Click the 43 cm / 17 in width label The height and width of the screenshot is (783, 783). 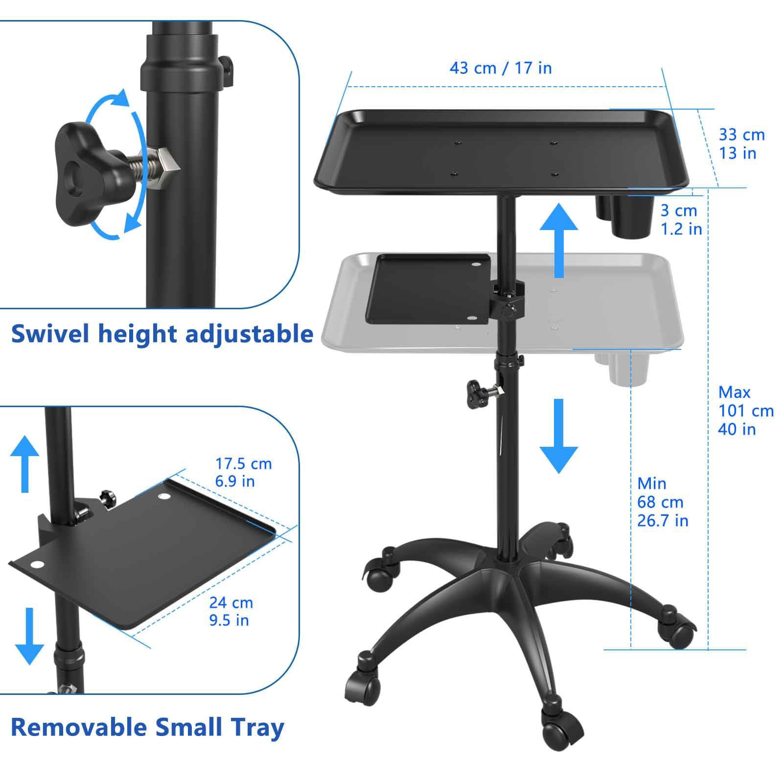pyautogui.click(x=500, y=68)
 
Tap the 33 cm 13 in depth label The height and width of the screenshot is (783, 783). pyautogui.click(x=741, y=144)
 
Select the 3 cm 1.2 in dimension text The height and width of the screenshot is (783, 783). pyautogui.click(x=681, y=220)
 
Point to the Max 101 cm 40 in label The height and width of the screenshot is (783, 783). pyautogui.click(x=745, y=411)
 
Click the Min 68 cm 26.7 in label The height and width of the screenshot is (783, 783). pyautogui.click(x=662, y=502)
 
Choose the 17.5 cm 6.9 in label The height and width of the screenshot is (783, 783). pyautogui.click(x=243, y=472)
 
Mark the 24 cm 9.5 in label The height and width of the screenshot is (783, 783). pyautogui.click(x=231, y=611)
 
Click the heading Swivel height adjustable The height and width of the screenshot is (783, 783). pyautogui.click(x=162, y=334)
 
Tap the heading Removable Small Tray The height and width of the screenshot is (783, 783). pyautogui.click(x=147, y=727)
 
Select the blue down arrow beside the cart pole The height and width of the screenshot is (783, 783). pyautogui.click(x=558, y=436)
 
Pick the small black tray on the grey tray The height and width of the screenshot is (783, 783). pyautogui.click(x=428, y=289)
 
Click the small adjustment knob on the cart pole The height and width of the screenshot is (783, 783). pyautogui.click(x=475, y=391)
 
